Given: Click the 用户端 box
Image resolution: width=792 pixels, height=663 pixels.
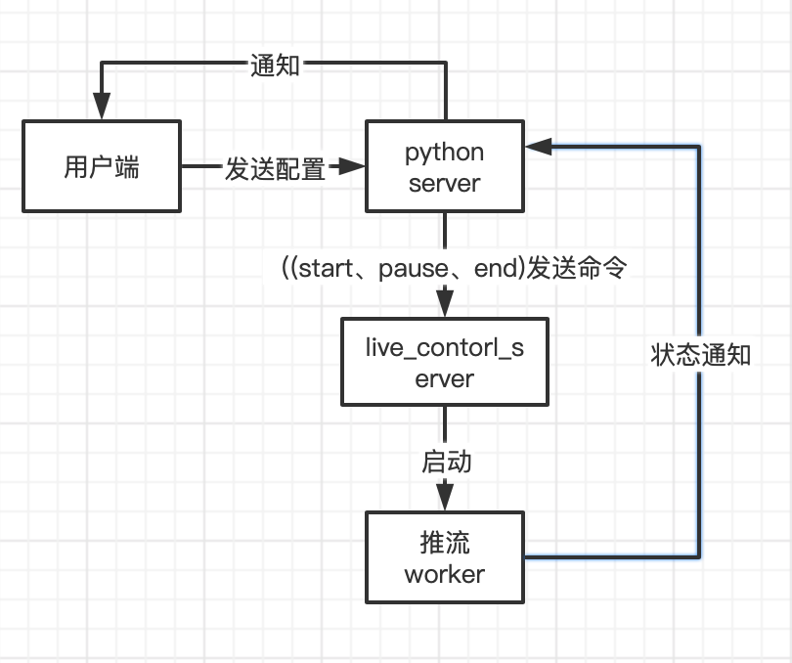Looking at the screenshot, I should pos(102,166).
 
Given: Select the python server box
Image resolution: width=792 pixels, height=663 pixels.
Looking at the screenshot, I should pos(445,166).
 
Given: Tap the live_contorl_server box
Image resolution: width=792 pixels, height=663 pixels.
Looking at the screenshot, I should pos(445,361).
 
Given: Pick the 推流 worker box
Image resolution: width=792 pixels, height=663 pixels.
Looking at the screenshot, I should pos(445,556).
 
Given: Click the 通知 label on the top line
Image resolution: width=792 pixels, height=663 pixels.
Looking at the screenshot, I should pos(275,66).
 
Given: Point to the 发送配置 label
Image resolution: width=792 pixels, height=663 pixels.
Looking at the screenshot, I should pos(275,168).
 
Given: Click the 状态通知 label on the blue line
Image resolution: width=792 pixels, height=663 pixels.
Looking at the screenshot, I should pos(700,354).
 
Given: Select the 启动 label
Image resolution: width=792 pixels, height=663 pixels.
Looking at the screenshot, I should pos(446,461).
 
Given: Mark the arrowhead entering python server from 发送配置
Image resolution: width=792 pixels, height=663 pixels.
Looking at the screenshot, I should pos(353,167).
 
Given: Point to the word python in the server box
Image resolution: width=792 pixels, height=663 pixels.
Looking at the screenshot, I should pos(445,153).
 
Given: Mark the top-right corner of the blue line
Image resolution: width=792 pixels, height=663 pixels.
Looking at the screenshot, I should pos(700,147).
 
